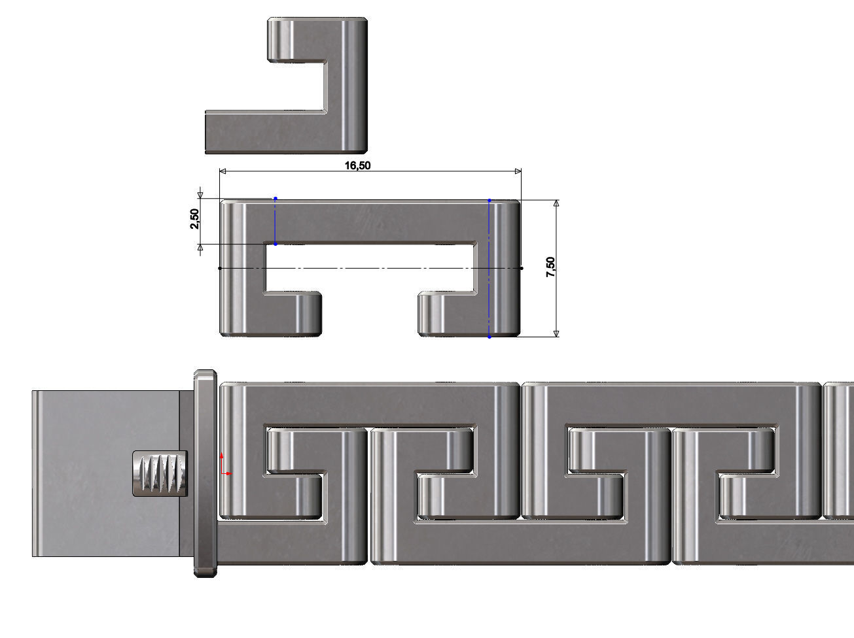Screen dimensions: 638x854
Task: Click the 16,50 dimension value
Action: (x=357, y=165)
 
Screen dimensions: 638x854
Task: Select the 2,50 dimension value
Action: (x=194, y=219)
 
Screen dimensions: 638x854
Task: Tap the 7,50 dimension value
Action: (x=550, y=267)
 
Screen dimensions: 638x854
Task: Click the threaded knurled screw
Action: (x=160, y=473)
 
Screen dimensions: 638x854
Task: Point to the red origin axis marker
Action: (x=224, y=464)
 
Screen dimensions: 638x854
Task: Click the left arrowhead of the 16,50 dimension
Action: (x=222, y=171)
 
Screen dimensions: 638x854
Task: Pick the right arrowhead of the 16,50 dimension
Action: (x=518, y=171)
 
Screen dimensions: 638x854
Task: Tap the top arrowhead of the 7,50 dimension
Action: (x=556, y=203)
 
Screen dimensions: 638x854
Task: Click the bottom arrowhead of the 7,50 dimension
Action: (x=556, y=333)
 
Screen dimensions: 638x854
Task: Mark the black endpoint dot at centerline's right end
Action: (x=521, y=268)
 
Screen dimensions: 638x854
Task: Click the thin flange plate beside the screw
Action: (x=205, y=473)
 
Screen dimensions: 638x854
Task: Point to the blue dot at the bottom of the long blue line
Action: (x=489, y=337)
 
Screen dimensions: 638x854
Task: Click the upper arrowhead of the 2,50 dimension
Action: (x=200, y=195)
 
